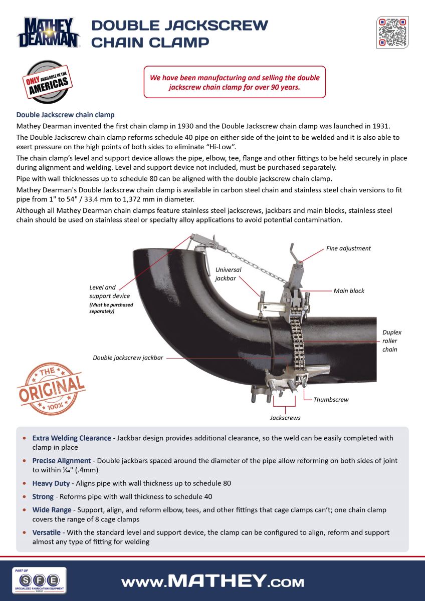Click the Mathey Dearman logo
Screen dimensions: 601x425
[48, 33]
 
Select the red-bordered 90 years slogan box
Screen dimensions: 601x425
[235, 82]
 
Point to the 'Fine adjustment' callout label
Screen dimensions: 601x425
[348, 248]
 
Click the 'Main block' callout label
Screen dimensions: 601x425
[349, 290]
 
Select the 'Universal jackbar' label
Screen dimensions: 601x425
[228, 273]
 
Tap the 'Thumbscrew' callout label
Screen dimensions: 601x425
[331, 400]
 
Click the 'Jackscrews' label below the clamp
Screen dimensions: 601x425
[285, 417]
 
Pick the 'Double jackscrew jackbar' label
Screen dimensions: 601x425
[128, 358]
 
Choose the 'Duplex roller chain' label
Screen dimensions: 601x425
[391, 341]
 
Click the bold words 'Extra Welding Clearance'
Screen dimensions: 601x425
[72, 438]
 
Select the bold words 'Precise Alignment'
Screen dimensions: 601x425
[62, 460]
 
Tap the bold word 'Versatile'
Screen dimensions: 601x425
[47, 532]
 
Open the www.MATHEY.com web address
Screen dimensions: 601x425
[212, 581]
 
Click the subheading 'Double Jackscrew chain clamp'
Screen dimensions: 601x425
[65, 115]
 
